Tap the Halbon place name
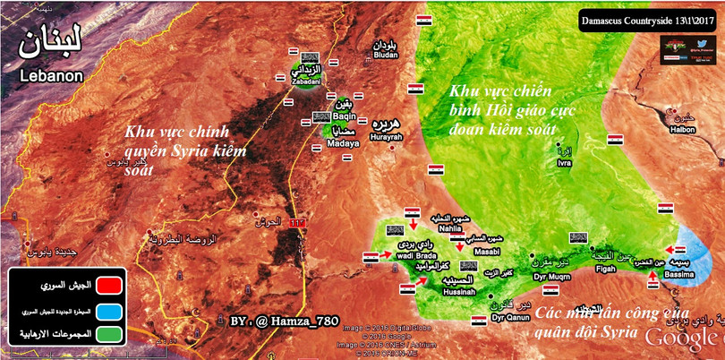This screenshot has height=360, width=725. (683, 130)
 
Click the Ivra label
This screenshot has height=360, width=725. (564, 163)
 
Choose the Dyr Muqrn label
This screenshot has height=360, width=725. (551, 275)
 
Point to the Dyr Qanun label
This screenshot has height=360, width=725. (511, 317)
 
